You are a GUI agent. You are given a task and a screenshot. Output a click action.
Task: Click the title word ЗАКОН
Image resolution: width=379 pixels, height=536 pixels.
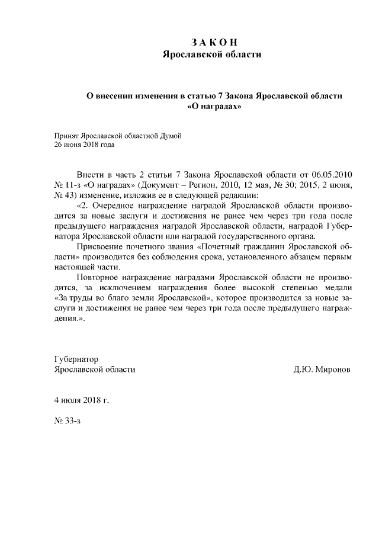click(214, 43)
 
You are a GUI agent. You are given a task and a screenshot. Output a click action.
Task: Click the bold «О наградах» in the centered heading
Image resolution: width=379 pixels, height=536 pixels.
click(214, 107)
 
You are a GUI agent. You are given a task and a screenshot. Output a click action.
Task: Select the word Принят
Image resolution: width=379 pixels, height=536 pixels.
click(66, 136)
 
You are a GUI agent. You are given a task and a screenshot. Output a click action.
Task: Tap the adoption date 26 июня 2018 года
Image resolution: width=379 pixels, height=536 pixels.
click(84, 144)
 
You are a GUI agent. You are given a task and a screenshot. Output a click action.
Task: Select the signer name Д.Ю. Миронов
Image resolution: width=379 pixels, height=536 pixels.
click(322, 369)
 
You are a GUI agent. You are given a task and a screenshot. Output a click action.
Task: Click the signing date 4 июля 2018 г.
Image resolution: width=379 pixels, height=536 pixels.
click(82, 400)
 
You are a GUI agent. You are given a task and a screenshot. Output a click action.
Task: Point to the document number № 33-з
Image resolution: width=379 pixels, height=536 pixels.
click(68, 421)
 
